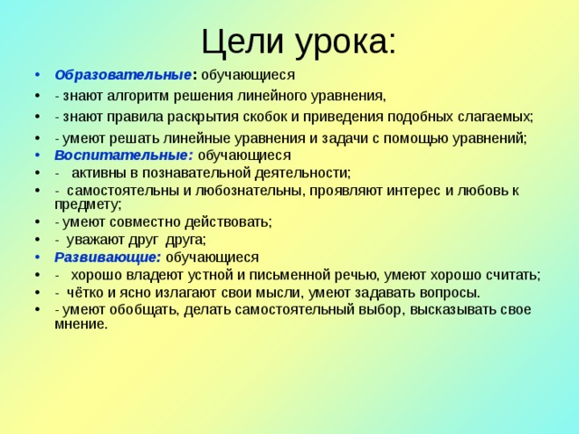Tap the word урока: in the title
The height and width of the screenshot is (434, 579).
tap(343, 42)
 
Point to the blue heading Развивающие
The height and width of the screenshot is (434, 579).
tap(107, 257)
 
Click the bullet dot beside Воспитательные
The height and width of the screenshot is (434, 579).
tap(34, 156)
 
